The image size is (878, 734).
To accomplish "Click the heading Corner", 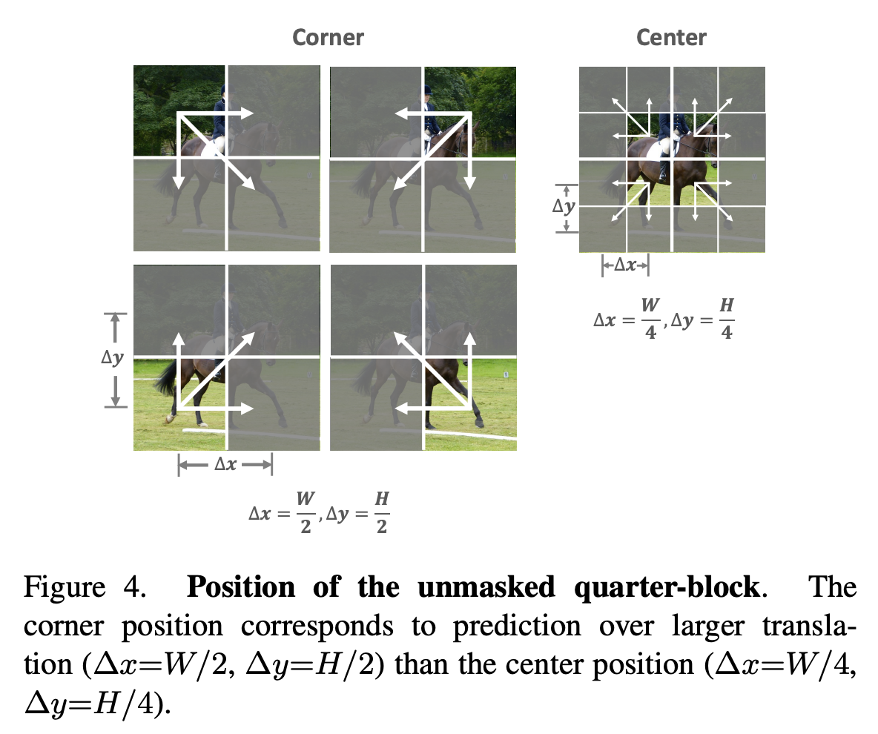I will (328, 38).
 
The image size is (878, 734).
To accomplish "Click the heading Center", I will (671, 38).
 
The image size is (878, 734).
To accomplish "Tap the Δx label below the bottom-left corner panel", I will (226, 465).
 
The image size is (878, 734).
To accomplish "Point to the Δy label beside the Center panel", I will (564, 207).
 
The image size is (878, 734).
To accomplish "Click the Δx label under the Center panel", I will (625, 265).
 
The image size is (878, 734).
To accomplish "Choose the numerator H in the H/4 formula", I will (727, 305).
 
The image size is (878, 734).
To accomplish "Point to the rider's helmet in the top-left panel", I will (222, 90).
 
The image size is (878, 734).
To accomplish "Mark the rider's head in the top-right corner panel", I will (426, 91).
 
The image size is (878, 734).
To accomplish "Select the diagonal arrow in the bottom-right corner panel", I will (432, 371).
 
